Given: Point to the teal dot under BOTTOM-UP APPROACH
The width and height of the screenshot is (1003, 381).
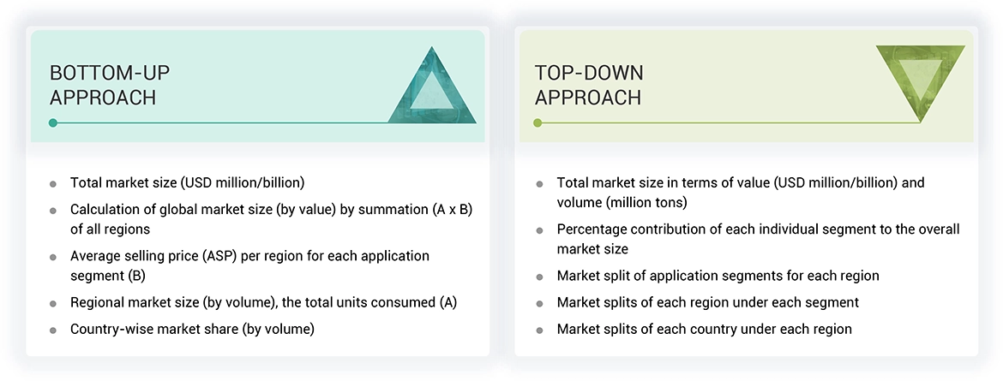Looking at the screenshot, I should click(x=53, y=123).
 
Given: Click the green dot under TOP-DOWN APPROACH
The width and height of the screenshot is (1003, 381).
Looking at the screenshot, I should click(x=538, y=123).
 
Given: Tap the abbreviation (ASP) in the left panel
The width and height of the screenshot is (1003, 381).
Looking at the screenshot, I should click(x=225, y=256).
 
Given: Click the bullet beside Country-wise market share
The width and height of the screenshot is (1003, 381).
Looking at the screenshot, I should click(x=53, y=330).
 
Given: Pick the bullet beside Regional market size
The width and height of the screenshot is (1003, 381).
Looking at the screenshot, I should click(x=53, y=304).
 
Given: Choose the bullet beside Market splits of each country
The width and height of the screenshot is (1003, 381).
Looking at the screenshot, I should click(x=539, y=330).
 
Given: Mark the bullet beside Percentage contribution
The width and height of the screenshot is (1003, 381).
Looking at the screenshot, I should click(x=539, y=230).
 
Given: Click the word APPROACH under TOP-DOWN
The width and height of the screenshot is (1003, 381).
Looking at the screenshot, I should click(x=588, y=98).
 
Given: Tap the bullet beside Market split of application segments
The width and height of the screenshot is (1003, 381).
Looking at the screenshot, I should click(x=539, y=277).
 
